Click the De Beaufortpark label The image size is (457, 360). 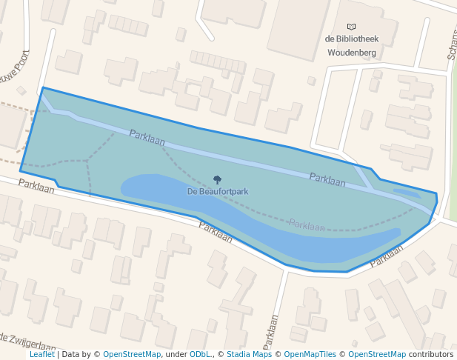[217, 191]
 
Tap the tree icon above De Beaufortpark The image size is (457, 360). [217, 180]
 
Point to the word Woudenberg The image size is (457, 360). [353, 53]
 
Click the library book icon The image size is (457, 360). [351, 27]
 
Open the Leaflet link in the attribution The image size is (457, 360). [42, 354]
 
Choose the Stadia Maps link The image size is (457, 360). [249, 354]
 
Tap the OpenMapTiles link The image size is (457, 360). [310, 354]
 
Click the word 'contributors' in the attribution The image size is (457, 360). [430, 354]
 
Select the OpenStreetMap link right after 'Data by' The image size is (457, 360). [132, 354]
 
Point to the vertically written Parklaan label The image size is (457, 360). [272, 333]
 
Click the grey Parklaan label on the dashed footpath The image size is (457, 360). [307, 225]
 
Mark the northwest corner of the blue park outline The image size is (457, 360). [43, 88]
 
